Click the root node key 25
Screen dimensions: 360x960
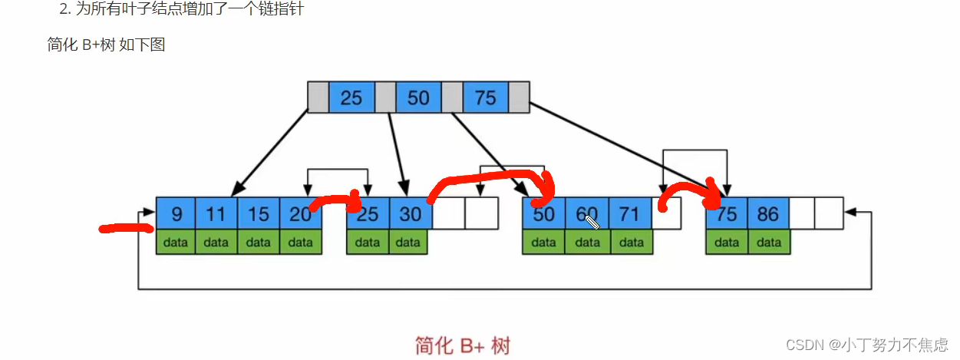[351, 97]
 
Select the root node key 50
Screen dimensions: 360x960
[418, 97]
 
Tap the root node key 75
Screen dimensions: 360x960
[485, 97]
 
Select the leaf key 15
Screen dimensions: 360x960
[258, 213]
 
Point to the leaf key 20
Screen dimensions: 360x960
[300, 213]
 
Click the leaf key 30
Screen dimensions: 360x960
[411, 213]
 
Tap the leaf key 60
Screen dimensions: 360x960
[587, 213]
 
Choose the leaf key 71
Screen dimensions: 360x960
[630, 213]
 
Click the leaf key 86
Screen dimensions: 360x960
[768, 213]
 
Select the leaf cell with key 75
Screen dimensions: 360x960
[727, 213]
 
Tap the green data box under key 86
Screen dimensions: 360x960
[768, 243]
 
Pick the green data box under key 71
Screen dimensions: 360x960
[631, 243]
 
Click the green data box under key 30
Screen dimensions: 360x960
[410, 243]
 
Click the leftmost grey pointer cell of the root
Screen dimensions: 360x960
[318, 97]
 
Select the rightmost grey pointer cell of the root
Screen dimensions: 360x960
[519, 97]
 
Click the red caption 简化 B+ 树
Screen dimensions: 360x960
[462, 345]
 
